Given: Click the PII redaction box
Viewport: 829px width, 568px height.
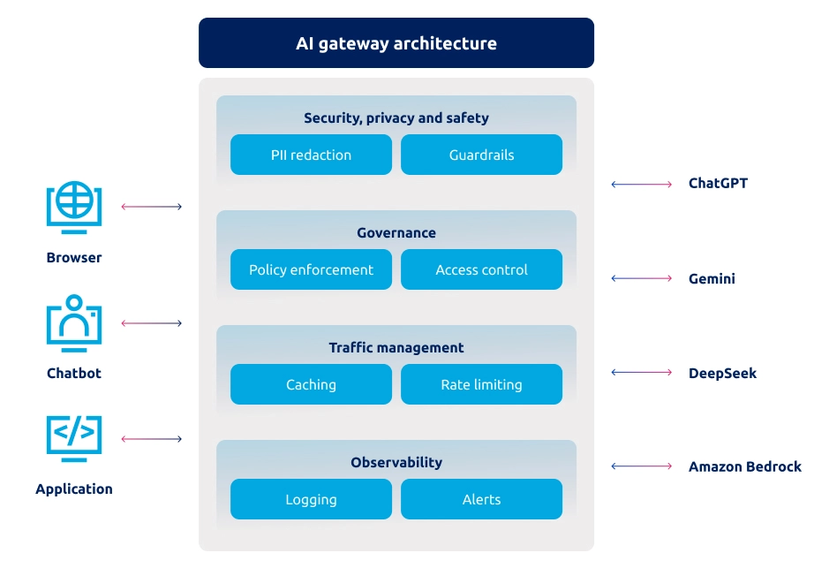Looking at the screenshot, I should [311, 155].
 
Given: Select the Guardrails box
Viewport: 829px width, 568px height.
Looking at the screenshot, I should [481, 155].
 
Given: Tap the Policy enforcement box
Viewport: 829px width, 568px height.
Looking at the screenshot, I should [311, 269].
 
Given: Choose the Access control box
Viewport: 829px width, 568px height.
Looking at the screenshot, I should [481, 269].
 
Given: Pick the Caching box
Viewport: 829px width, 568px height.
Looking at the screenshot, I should [311, 384].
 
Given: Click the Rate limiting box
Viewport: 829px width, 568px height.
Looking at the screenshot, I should [481, 384].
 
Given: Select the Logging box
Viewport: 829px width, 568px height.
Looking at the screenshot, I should [311, 499].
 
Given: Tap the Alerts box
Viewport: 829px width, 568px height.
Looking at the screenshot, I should [481, 499].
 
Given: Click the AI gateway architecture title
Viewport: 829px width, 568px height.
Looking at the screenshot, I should [396, 43].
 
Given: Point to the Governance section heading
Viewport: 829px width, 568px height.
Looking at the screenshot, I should [396, 233].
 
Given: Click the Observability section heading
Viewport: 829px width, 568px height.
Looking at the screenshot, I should [396, 462].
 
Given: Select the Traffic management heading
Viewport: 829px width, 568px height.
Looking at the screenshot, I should [396, 347].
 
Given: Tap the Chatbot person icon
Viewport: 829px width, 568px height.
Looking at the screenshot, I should [74, 323].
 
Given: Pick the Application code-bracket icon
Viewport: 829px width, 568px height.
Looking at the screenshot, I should [74, 439].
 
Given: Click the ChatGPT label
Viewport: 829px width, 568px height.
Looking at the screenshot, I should [718, 184].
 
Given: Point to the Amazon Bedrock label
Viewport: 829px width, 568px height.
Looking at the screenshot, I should [745, 466].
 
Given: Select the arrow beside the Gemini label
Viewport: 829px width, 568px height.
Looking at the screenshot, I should [642, 278].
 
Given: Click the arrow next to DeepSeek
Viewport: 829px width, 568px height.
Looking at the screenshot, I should [642, 373].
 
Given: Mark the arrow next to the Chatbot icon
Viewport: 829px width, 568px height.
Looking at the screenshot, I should [151, 323].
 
